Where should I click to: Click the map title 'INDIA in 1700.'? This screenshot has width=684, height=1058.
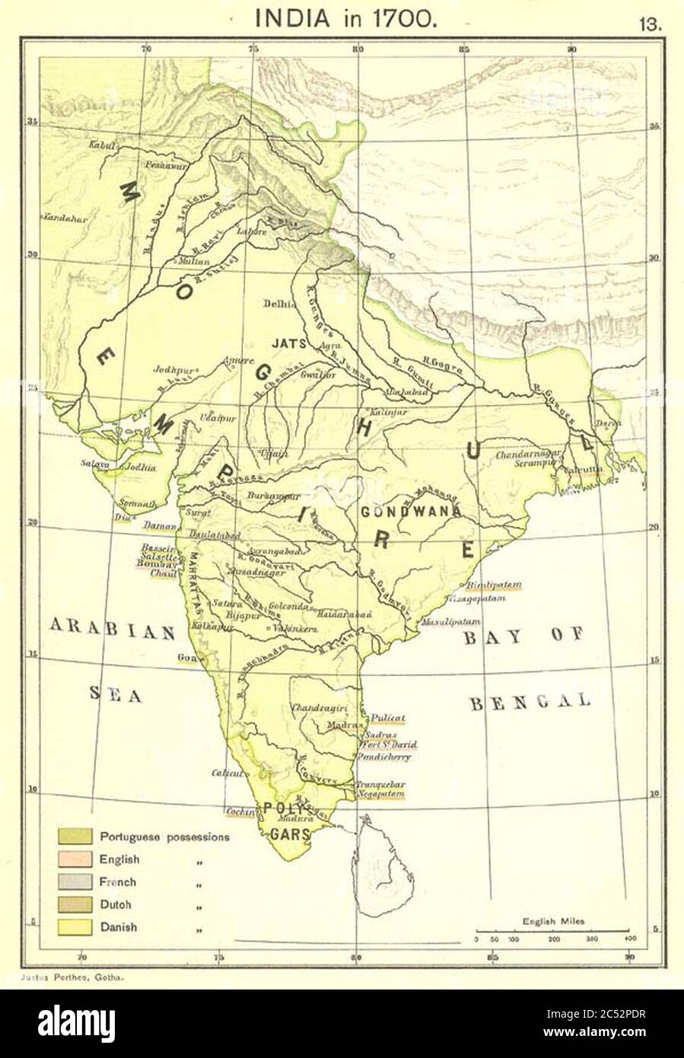click(346, 18)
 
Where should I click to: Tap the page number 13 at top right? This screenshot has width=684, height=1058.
click(651, 23)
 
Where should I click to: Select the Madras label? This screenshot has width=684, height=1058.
click(342, 725)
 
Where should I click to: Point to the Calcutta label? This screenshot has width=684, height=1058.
click(582, 470)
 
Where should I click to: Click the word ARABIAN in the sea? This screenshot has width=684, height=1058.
click(113, 629)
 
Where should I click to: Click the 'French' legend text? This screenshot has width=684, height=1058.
click(118, 882)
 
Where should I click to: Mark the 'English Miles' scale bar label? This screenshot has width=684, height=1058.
click(553, 921)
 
